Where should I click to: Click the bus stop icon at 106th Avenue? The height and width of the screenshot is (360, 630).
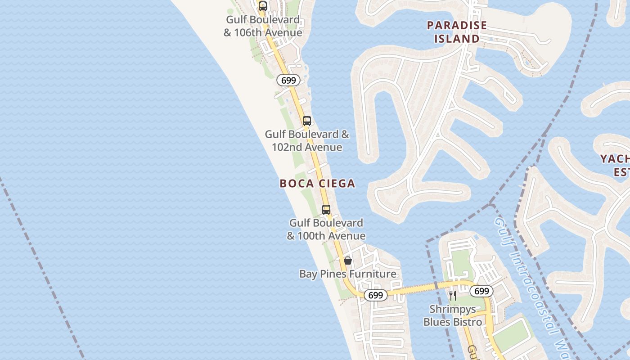(263, 6)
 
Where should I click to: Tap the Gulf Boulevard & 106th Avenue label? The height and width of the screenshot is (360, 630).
(263, 26)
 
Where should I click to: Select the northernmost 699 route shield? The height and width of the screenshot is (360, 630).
(288, 81)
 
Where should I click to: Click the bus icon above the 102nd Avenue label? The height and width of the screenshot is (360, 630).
(307, 121)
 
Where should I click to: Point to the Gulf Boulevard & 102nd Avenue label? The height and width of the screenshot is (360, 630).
(307, 140)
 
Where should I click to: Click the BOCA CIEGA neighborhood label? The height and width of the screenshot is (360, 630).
(317, 184)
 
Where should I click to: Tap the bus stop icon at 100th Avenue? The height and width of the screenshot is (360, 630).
(326, 209)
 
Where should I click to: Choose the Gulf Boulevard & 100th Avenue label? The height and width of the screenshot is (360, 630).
(326, 229)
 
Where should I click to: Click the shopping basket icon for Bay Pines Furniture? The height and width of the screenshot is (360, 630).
(348, 261)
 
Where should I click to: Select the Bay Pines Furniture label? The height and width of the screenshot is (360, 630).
(348, 274)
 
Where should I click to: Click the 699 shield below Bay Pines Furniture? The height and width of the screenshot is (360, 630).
(375, 295)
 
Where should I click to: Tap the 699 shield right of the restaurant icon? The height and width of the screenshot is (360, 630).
(481, 291)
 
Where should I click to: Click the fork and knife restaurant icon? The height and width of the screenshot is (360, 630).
(453, 296)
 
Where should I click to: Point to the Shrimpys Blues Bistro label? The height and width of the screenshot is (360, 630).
(453, 315)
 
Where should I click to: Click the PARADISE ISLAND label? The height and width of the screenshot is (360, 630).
(457, 32)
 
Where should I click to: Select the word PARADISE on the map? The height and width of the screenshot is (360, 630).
(457, 25)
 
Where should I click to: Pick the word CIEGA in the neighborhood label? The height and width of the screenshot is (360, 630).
(337, 184)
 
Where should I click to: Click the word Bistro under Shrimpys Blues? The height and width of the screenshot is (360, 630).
(468, 322)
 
